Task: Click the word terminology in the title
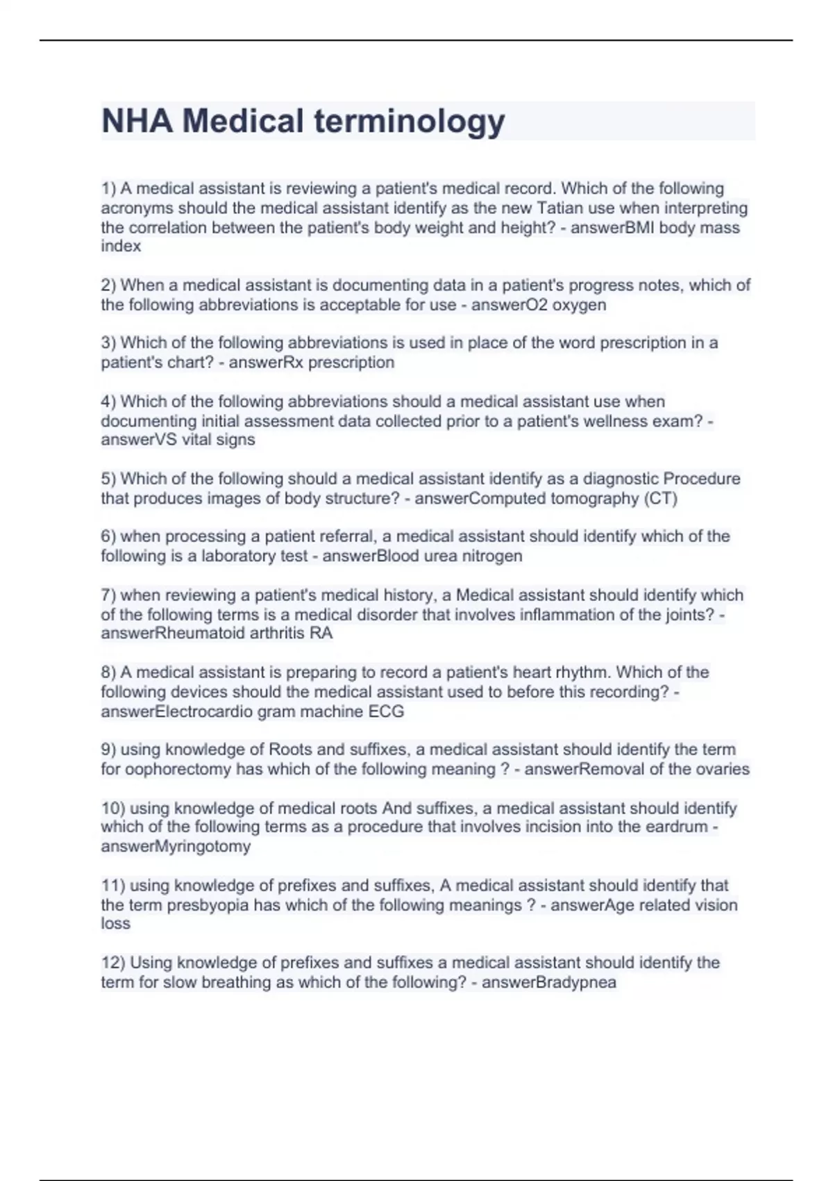[x=410, y=122]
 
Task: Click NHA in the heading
[x=137, y=122]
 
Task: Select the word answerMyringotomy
[x=176, y=846]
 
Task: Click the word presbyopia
[x=208, y=905]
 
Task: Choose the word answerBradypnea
[x=548, y=982]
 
